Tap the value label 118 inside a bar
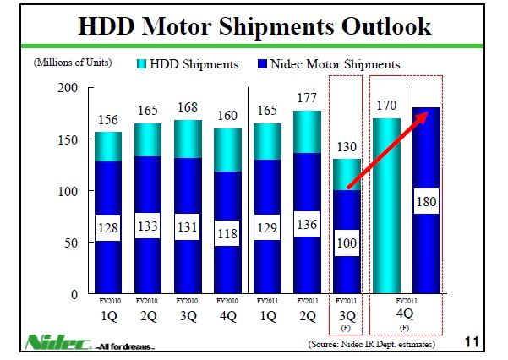[228, 234]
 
